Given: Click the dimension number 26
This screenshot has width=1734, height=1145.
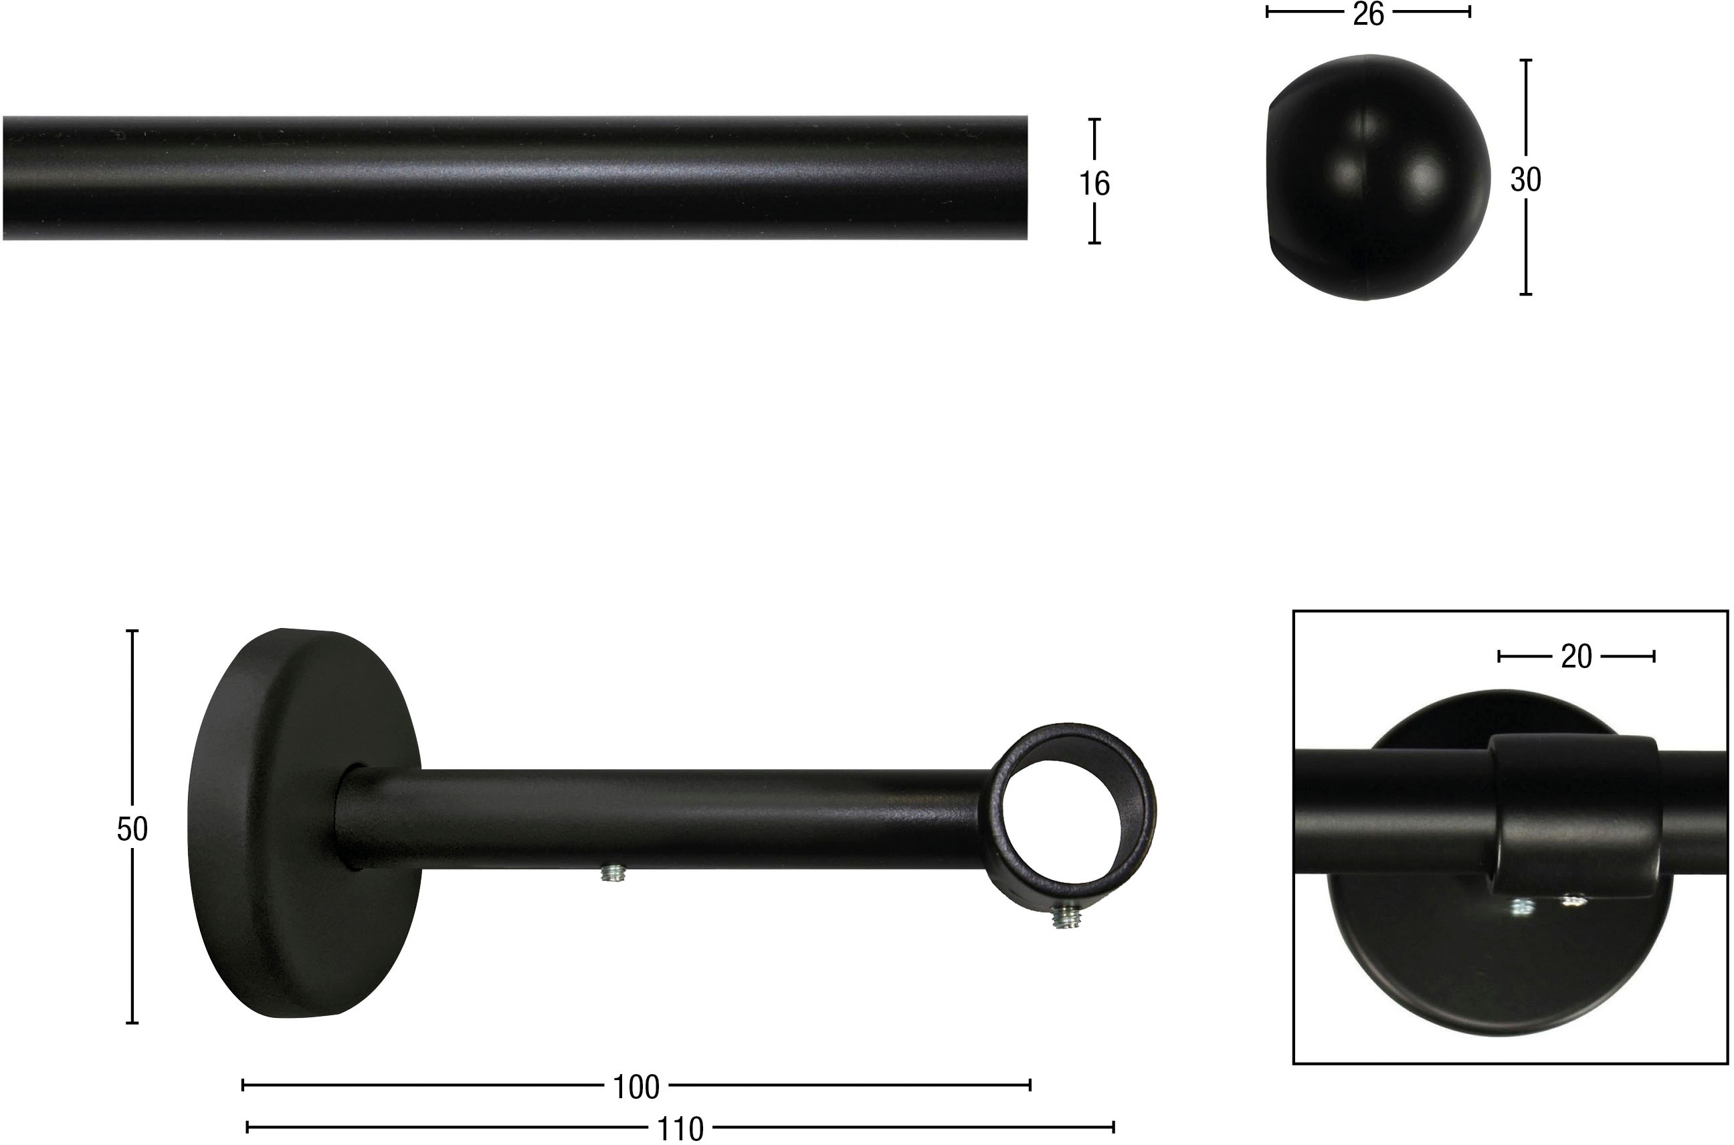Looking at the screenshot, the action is point(1368,14).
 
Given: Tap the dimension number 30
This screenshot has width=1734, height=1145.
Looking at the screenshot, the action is point(1526,180).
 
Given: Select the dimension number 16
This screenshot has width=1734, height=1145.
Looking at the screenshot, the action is point(1094,184).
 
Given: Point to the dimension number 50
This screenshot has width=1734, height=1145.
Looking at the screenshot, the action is point(132,829).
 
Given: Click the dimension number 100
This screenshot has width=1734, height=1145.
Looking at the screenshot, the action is point(636,1088).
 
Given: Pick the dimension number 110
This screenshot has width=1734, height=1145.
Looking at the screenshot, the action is point(680,1130).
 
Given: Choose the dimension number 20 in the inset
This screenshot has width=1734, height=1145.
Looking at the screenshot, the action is point(1576,657).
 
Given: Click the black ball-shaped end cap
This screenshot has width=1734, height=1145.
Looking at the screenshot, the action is point(1378,177).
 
